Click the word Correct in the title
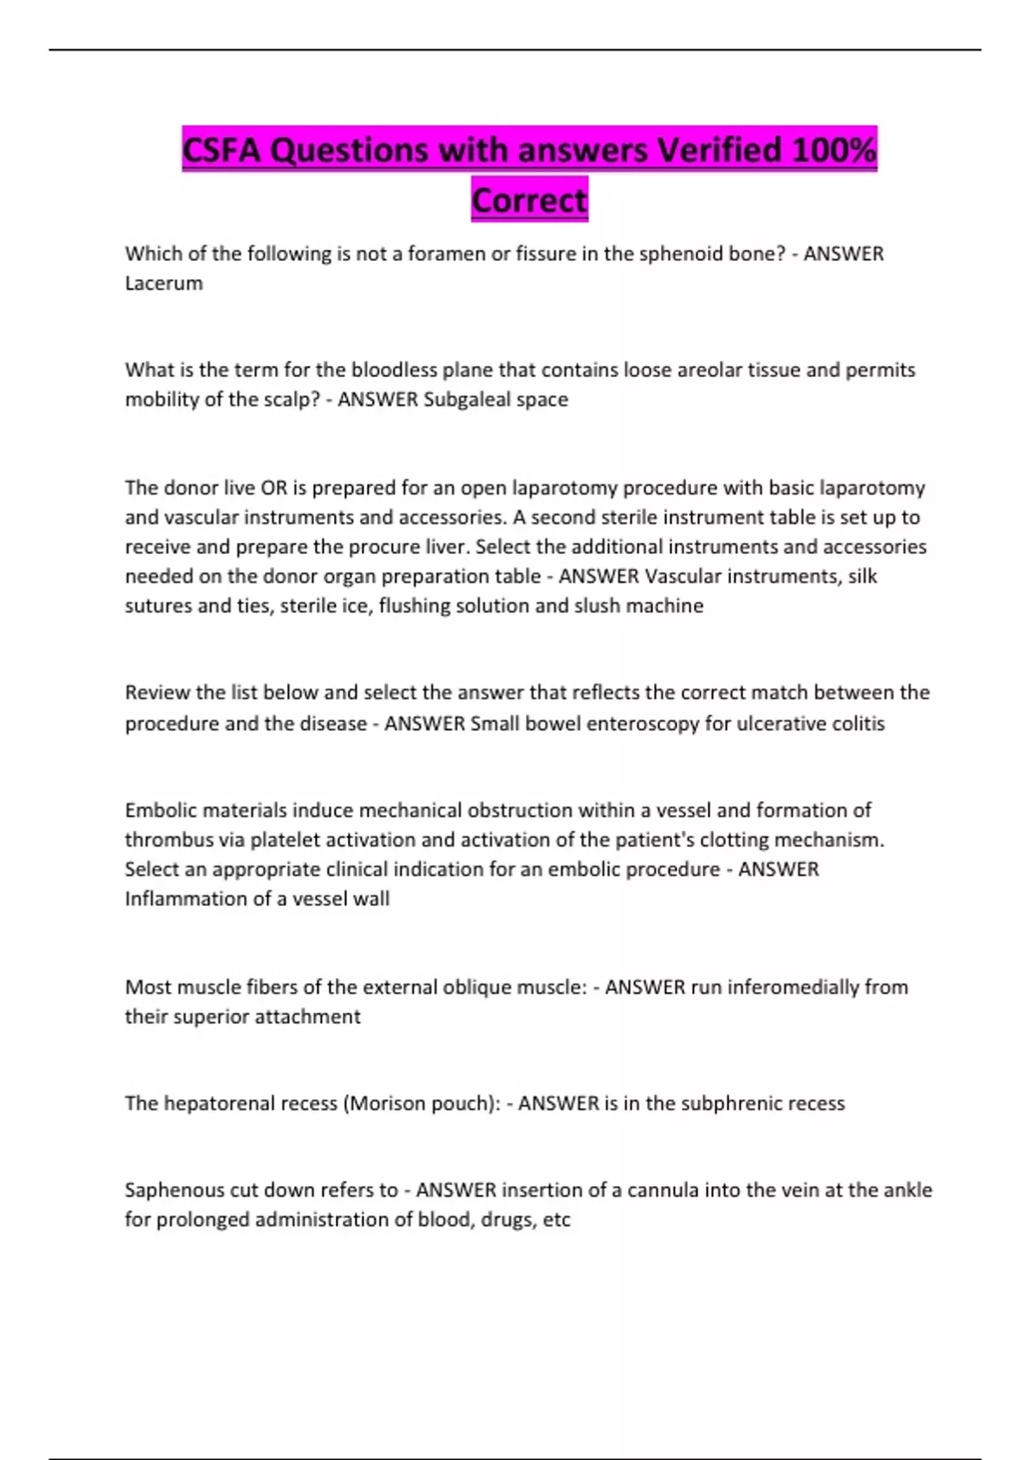529,200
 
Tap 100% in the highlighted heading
833,150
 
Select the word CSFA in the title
222,150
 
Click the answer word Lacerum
164,283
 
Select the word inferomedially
792,987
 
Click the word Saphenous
174,1189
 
